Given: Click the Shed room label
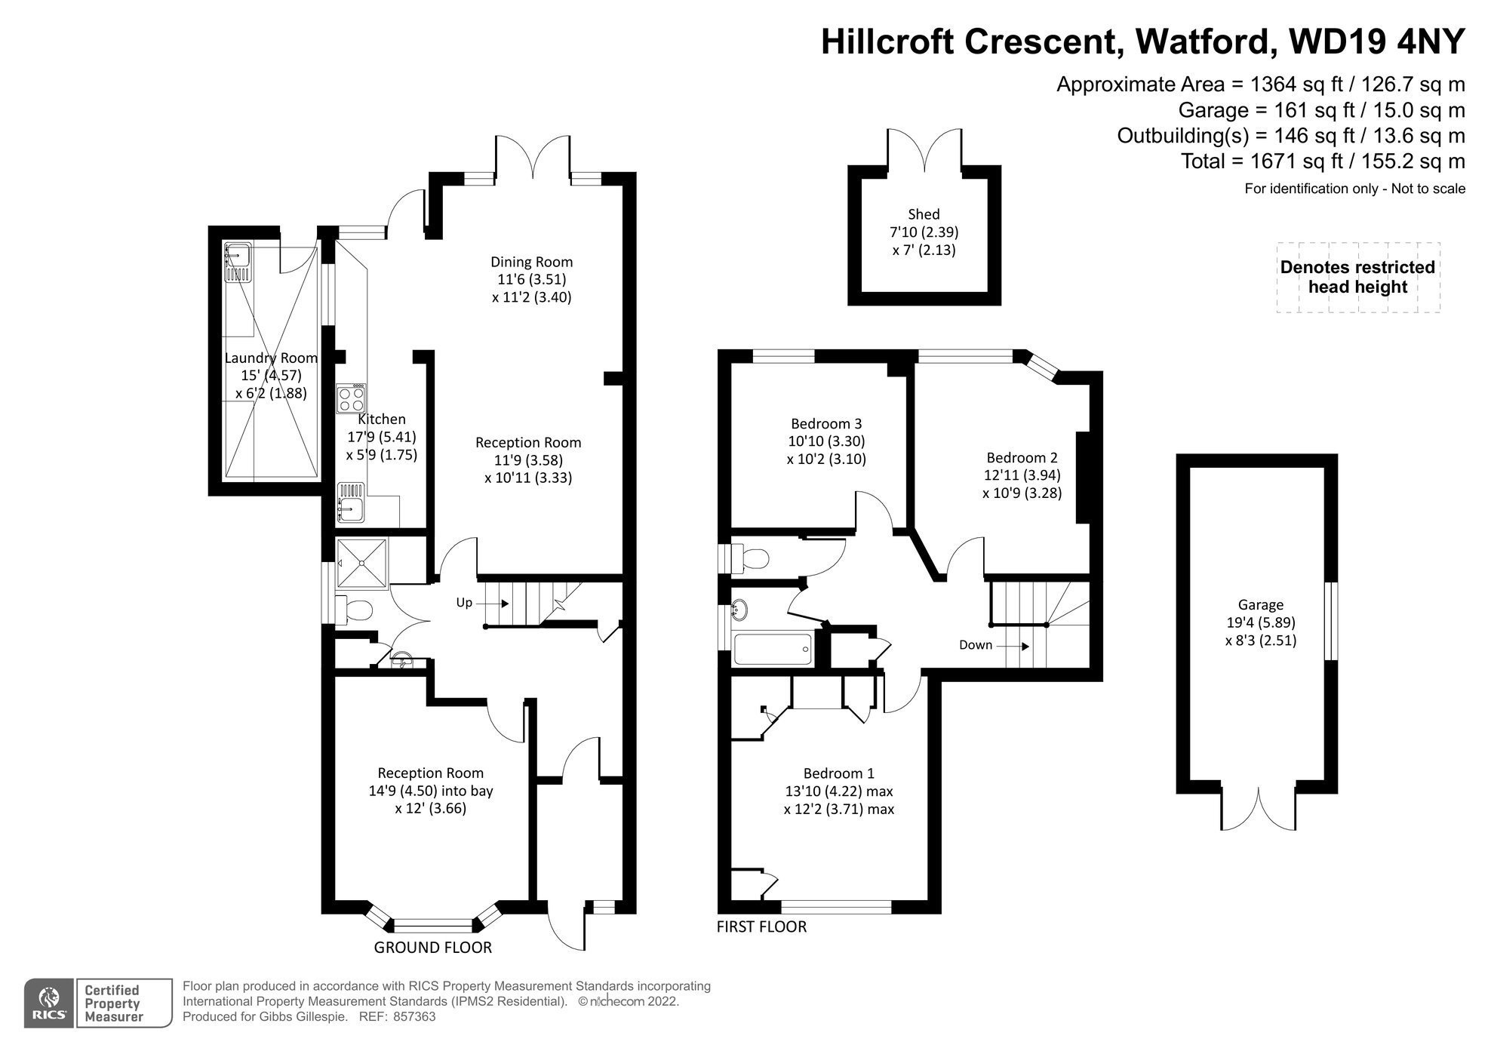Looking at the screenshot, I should click(924, 214).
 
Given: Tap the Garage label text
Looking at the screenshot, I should click(1260, 605).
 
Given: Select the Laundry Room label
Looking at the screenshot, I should click(271, 358).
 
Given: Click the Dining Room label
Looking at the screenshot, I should click(531, 263).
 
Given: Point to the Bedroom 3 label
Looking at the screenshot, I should click(825, 424).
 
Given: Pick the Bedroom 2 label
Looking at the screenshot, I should click(1022, 458).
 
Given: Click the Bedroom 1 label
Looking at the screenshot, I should click(838, 773).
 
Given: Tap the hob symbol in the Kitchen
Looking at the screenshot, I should click(352, 398).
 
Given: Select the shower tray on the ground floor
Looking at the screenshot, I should click(361, 563).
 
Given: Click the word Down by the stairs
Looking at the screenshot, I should click(976, 645).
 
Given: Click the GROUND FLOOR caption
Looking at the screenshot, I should click(432, 948).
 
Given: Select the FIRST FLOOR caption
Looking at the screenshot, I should click(761, 927).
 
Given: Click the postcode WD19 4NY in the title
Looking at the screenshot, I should click(1376, 42).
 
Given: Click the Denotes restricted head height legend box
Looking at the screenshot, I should click(1357, 278).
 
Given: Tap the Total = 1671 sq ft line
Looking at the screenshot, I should click(1322, 161).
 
